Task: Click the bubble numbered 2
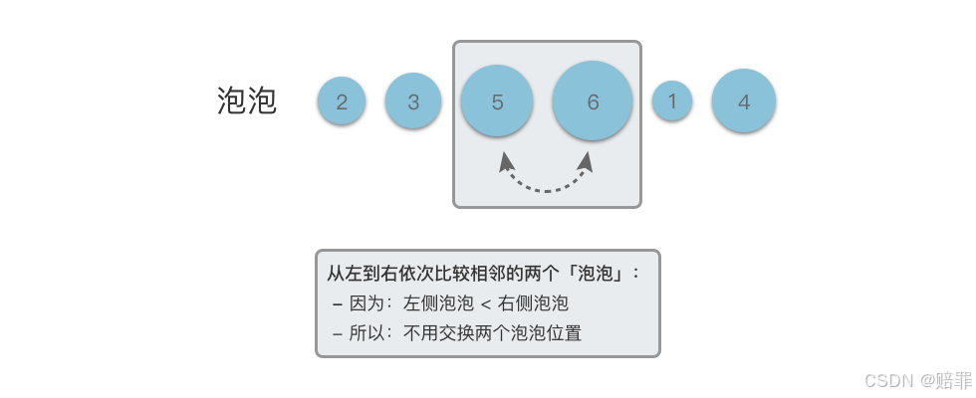[342, 101]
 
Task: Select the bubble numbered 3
[413, 101]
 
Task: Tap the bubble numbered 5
[497, 101]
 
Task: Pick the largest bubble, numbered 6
[593, 101]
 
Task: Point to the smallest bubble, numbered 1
[672, 100]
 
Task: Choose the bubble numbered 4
[744, 101]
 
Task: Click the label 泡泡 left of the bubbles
[246, 101]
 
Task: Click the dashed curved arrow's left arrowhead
[506, 160]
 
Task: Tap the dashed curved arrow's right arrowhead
[590, 159]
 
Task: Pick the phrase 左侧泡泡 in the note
[436, 303]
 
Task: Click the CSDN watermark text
[889, 381]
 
